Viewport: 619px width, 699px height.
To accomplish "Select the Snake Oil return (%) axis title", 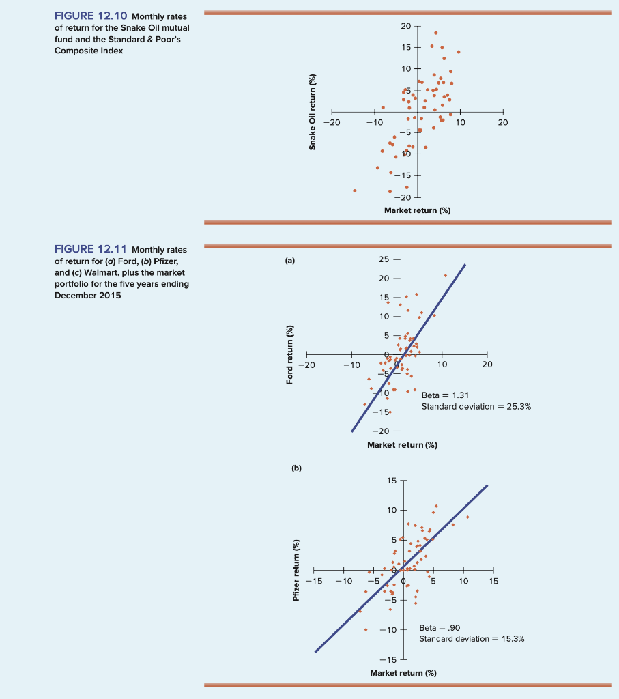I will click(x=313, y=112).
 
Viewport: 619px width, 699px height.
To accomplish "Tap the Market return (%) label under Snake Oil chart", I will click(x=417, y=210).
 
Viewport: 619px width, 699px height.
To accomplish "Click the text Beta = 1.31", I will click(x=445, y=395).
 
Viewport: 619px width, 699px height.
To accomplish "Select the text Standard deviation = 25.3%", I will click(x=476, y=406).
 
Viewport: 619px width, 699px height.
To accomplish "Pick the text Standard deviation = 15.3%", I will click(x=472, y=639).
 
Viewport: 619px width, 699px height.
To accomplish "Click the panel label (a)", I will click(x=291, y=260).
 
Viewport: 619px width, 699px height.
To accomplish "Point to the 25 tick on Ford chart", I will click(x=382, y=260).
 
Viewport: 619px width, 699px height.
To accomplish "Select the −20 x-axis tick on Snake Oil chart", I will click(x=332, y=122).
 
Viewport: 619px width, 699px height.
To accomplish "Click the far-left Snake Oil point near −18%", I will click(x=354, y=190).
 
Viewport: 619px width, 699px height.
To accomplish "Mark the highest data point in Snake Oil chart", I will click(x=435, y=33).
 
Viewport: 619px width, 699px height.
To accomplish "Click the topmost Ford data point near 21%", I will click(x=446, y=275).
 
